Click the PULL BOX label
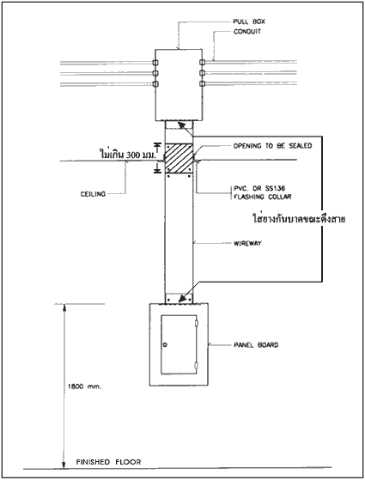[249, 21]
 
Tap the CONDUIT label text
[247, 32]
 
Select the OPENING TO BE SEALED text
[272, 146]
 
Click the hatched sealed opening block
[179, 158]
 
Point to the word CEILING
[93, 194]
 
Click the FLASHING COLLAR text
[263, 197]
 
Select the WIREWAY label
[247, 243]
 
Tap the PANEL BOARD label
[256, 345]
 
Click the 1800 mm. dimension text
[84, 386]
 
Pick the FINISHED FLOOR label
[109, 462]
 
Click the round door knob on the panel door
[166, 344]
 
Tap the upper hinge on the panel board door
[197, 323]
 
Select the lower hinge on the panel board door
[197, 366]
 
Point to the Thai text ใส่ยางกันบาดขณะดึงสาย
[299, 219]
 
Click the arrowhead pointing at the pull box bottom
[181, 125]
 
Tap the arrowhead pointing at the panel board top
[183, 298]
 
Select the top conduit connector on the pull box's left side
[155, 63]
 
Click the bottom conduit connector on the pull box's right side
[202, 83]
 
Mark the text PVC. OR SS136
[259, 188]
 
